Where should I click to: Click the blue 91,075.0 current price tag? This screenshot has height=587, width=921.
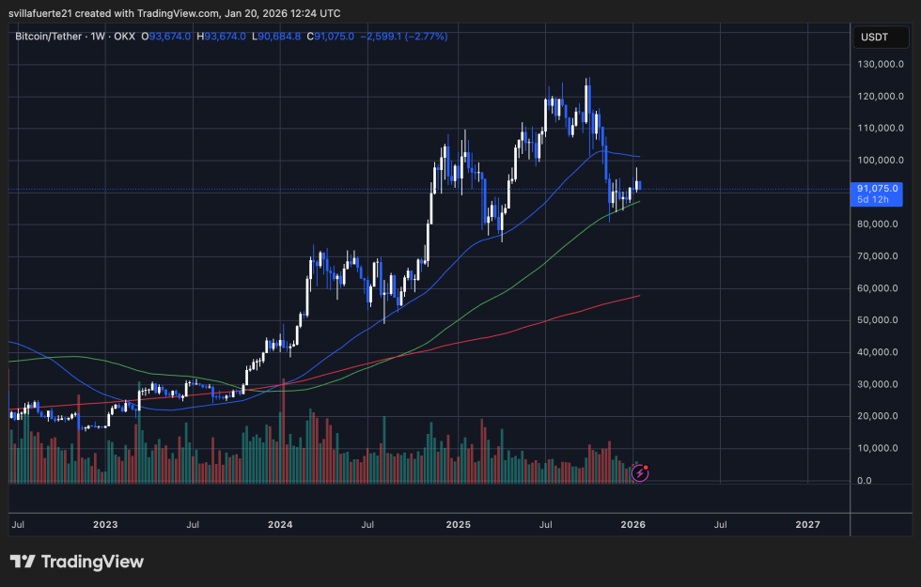pos(878,188)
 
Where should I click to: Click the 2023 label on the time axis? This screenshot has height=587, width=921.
pos(106,524)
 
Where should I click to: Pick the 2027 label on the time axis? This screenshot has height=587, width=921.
pos(806,524)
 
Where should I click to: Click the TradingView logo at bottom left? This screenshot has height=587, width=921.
pos(77,562)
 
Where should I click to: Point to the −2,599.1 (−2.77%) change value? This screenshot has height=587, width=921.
pos(404,36)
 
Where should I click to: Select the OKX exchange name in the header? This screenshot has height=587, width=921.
pos(123,36)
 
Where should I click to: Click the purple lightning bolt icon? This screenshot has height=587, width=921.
pos(640,472)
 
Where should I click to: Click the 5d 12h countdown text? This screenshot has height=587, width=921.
pos(873,200)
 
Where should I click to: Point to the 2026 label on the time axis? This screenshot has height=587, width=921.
pos(632,524)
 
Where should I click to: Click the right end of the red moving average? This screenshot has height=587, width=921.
pos(640,296)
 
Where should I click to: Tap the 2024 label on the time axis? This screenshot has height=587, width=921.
pos(281,524)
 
